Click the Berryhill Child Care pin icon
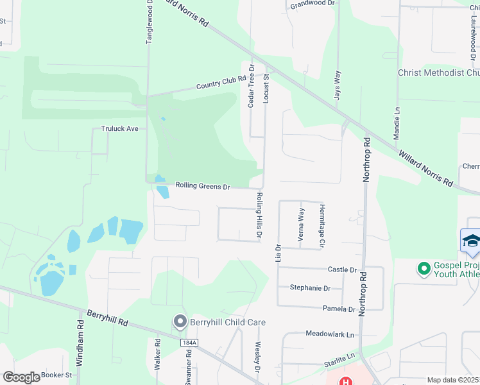pyautogui.click(x=180, y=321)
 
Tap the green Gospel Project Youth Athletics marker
pyautogui.click(x=424, y=269)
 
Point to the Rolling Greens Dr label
pyautogui.click(x=203, y=187)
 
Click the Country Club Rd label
pyautogui.click(x=221, y=82)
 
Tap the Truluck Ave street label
pyautogui.click(x=120, y=129)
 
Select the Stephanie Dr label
pyautogui.click(x=310, y=288)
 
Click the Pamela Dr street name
pyautogui.click(x=339, y=309)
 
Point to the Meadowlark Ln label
pyautogui.click(x=330, y=335)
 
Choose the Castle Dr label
pyautogui.click(x=342, y=270)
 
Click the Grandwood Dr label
pyautogui.click(x=313, y=4)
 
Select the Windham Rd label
pyautogui.click(x=80, y=348)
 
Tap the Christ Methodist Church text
pyautogui.click(x=438, y=73)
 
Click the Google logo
pyautogui.click(x=21, y=377)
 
